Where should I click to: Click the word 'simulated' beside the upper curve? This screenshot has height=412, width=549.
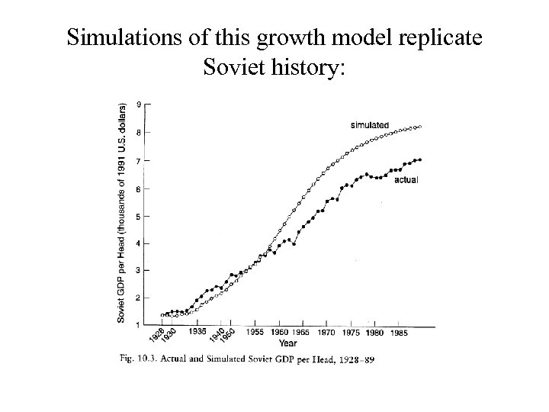pyautogui.click(x=369, y=124)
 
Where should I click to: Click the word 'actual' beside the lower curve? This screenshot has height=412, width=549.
pyautogui.click(x=406, y=179)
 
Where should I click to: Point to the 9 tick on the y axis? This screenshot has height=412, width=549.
pyautogui.click(x=137, y=104)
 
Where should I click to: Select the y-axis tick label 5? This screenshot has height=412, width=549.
pyautogui.click(x=137, y=216)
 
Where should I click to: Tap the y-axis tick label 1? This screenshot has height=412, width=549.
pyautogui.click(x=137, y=326)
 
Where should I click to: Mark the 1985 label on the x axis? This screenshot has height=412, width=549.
pyautogui.click(x=398, y=333)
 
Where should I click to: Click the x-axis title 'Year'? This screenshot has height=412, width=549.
pyautogui.click(x=288, y=343)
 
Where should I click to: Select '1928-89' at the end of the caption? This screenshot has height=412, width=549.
pyautogui.click(x=359, y=358)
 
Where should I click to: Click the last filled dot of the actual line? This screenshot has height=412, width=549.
pyautogui.click(x=420, y=159)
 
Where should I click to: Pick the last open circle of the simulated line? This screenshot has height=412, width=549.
pyautogui.click(x=420, y=127)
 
